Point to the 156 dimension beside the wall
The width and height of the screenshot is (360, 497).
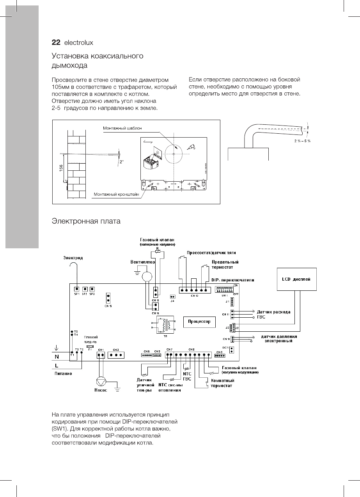[x=61, y=169]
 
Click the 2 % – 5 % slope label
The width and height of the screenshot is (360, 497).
[x=302, y=140]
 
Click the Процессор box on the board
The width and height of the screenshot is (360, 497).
[x=199, y=322]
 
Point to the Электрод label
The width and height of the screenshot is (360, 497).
[x=73, y=258]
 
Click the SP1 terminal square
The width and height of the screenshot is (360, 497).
[x=77, y=289]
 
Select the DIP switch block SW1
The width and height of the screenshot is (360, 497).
[x=223, y=290]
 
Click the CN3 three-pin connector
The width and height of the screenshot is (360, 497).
[x=116, y=355]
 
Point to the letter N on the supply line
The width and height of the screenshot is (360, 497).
[x=57, y=356]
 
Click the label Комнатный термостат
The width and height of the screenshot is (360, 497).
[x=222, y=383]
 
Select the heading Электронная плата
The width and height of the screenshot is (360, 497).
[x=86, y=221]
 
